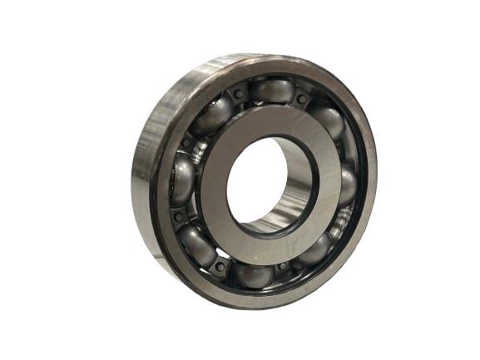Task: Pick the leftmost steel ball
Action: tap(182, 178)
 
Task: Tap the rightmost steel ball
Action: tap(347, 185)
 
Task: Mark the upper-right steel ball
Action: tap(328, 121)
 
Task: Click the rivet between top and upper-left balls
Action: tap(239, 94)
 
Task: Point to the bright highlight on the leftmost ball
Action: tap(177, 170)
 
